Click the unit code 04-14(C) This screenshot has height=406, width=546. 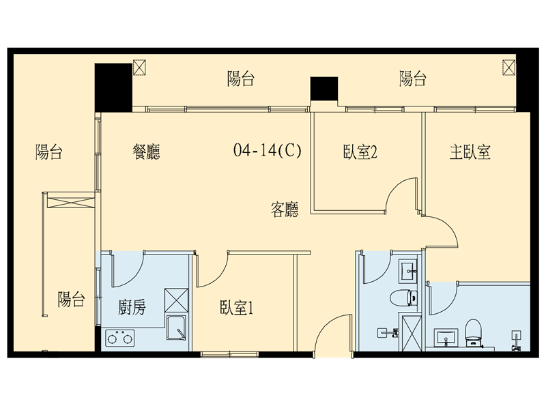pos(268,150)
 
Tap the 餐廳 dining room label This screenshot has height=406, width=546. pos(146,151)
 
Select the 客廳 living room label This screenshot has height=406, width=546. pos(285,209)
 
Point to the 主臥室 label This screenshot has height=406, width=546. pos(470,151)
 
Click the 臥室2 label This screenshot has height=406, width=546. pos(360,151)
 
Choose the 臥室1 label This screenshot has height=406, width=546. pos(236,308)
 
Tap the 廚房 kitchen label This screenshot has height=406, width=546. pos(132,307)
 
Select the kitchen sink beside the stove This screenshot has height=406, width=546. pos(176,328)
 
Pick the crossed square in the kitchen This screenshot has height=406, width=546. pos(176,300)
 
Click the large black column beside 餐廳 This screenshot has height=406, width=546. pos(113,88)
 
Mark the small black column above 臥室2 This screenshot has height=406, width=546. pos(324,89)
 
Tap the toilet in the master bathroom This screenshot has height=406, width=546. pos(473,333)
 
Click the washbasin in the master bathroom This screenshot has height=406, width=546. pos(446,337)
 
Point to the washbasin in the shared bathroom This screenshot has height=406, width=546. pos(408,269)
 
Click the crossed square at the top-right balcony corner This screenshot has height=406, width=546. pos(508,67)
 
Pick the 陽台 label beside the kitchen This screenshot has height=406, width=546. pos(71,299)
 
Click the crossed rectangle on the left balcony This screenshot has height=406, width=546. pos(71,203)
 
